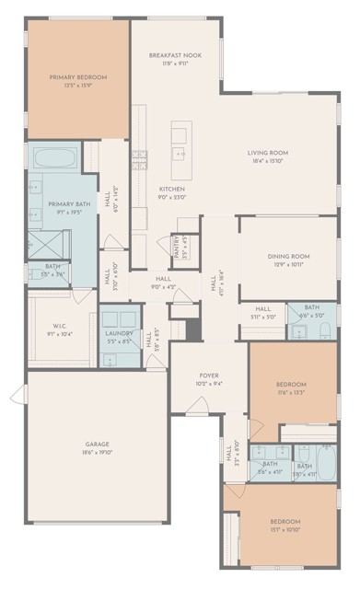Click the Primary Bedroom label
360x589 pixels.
[77, 77]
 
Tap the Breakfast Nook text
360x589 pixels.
[174, 56]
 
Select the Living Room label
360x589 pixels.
[268, 153]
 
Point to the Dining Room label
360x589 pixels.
[287, 256]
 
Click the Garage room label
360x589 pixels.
[96, 445]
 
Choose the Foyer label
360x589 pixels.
[208, 376]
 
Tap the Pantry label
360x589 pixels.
[176, 248]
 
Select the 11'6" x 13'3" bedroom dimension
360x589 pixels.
[290, 392]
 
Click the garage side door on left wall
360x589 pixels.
[16, 396]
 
